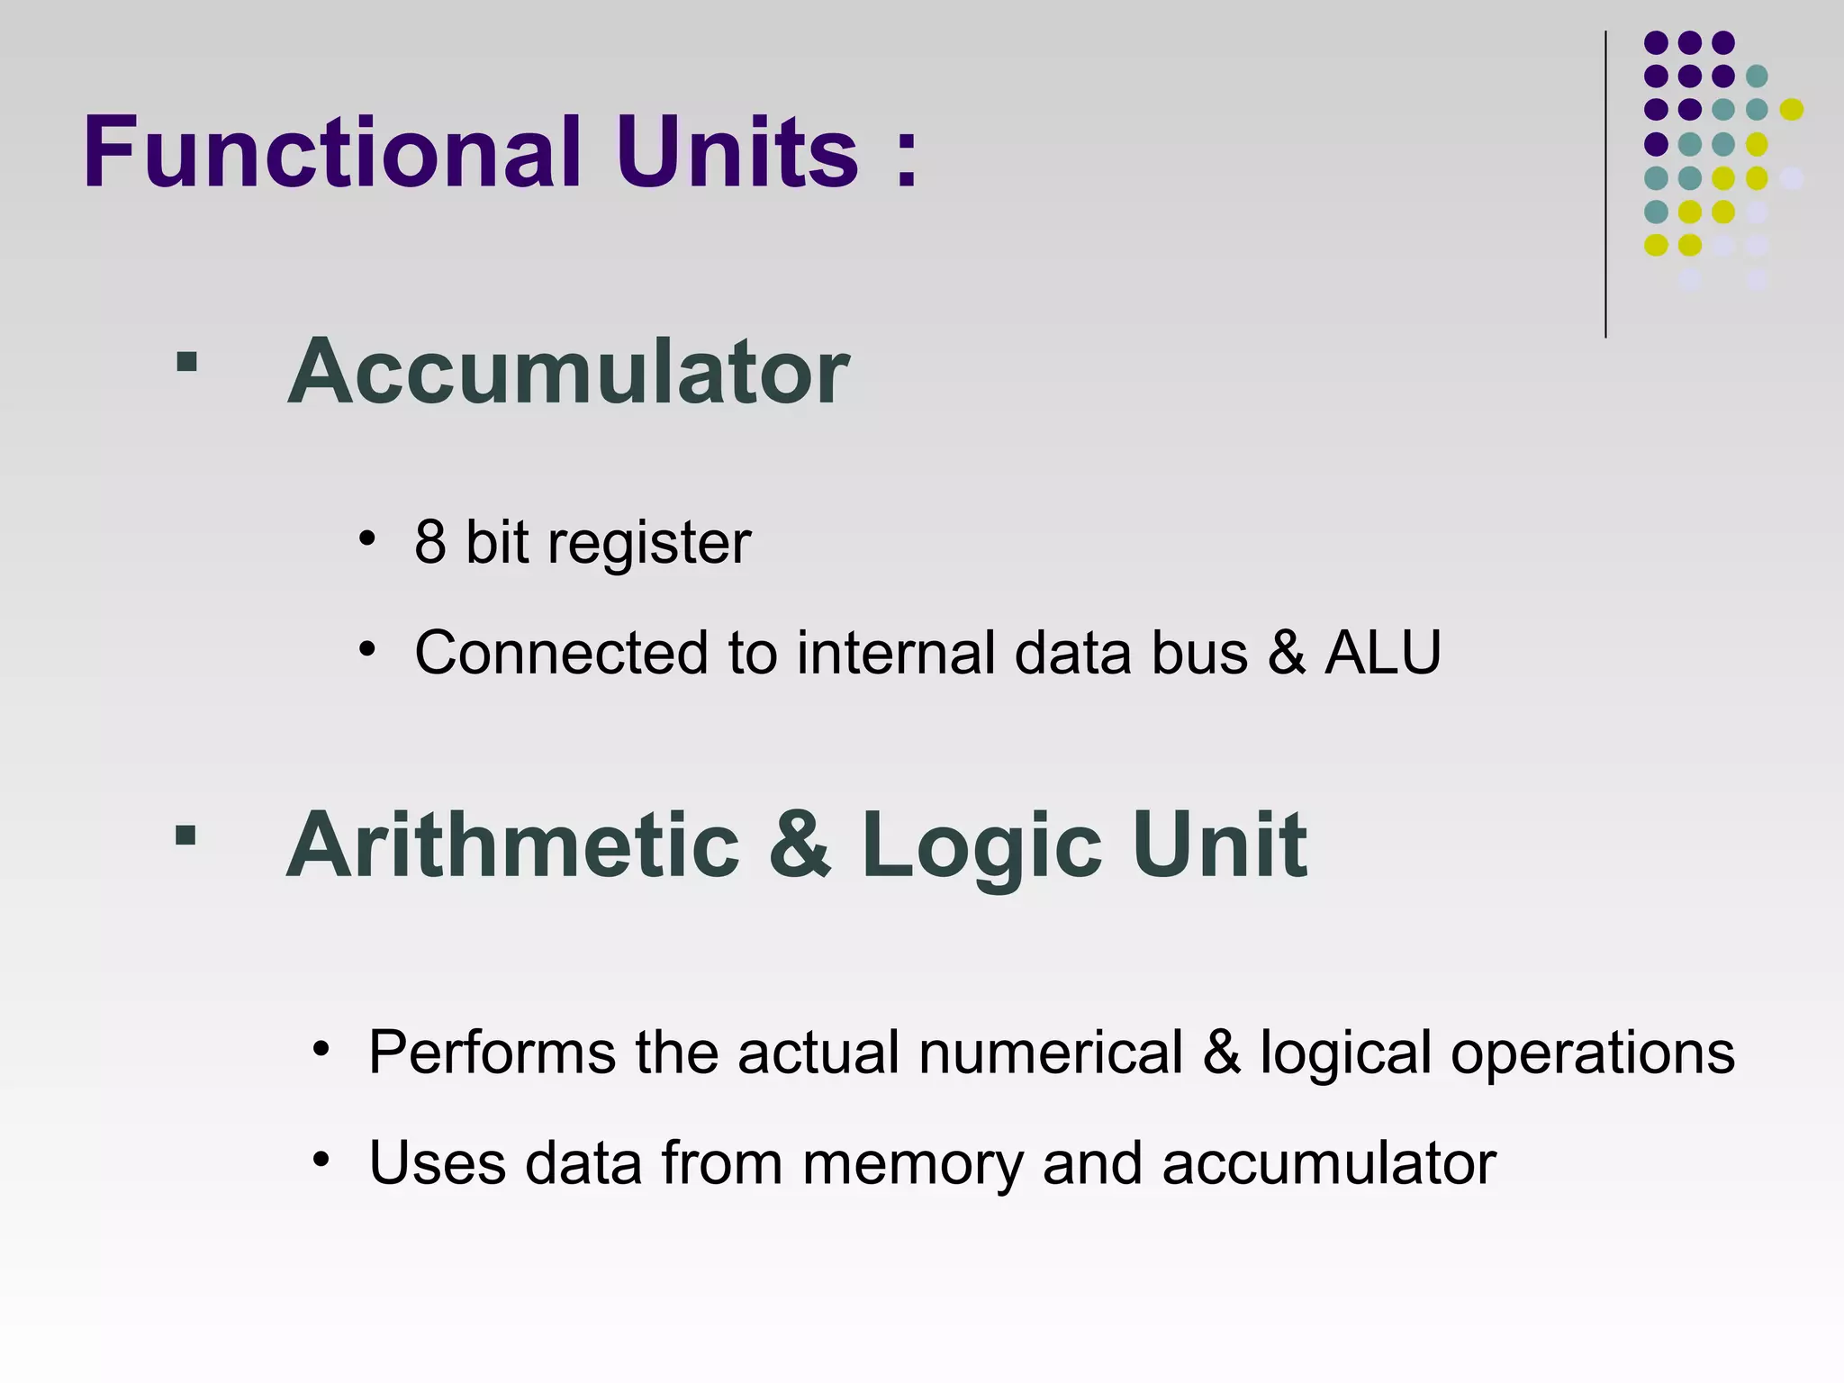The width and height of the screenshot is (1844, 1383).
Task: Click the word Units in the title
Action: [x=737, y=152]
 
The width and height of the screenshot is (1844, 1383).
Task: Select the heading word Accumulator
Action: [x=568, y=372]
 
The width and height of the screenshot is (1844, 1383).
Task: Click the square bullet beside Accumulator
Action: [x=186, y=362]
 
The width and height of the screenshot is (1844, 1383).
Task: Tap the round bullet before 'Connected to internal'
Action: [x=366, y=649]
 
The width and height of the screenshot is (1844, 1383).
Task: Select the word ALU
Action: [x=1383, y=652]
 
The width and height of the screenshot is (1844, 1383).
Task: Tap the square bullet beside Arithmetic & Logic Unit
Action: [x=185, y=836]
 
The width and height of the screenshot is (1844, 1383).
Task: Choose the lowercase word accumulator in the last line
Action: [x=1329, y=1162]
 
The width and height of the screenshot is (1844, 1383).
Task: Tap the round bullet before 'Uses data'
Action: [x=321, y=1160]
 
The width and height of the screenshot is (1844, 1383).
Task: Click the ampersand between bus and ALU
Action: [x=1287, y=652]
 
